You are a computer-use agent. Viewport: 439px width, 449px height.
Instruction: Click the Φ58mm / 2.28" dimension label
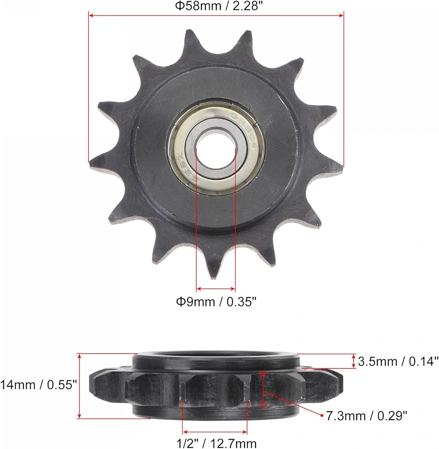click(219, 6)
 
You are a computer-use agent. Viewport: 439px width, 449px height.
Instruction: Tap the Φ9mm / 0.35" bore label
click(216, 302)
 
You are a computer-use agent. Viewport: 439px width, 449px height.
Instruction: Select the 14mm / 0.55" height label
click(39, 385)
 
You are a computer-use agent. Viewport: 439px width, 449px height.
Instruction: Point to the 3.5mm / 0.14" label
click(398, 361)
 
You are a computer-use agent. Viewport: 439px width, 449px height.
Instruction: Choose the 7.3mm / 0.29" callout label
click(367, 416)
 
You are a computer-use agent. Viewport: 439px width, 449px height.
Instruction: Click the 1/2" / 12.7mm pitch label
click(216, 444)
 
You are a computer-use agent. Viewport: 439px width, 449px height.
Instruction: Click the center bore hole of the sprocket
click(216, 150)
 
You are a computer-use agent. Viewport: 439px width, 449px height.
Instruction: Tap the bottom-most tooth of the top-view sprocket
click(213, 265)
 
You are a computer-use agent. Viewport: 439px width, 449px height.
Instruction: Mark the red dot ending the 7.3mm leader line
click(322, 414)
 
